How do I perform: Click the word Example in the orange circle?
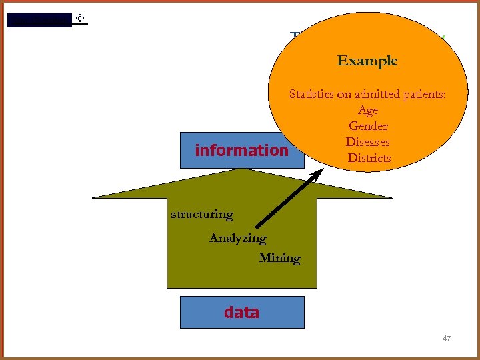(x=367, y=61)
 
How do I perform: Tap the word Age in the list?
(x=368, y=110)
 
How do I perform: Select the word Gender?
(x=368, y=126)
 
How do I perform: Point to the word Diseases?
(x=368, y=142)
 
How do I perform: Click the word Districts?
(x=369, y=158)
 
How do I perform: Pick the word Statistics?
(x=311, y=94)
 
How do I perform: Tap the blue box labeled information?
(x=241, y=150)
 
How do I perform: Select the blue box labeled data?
(x=241, y=312)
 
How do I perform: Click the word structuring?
(x=202, y=214)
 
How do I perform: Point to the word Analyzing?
(x=237, y=238)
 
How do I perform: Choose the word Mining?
(x=279, y=258)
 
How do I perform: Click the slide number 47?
(x=447, y=339)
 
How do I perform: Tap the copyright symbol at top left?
(x=80, y=18)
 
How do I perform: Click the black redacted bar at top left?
(x=39, y=20)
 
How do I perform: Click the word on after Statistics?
(x=344, y=94)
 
